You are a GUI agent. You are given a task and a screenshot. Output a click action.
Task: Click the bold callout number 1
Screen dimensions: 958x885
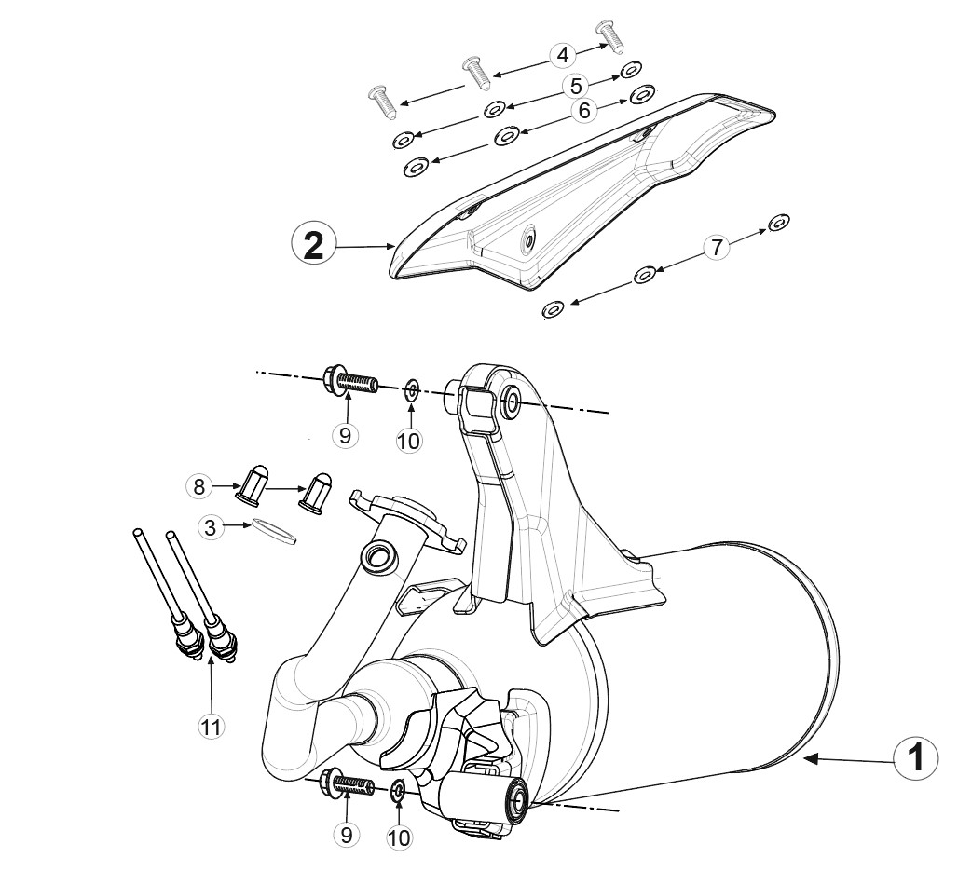point(915,759)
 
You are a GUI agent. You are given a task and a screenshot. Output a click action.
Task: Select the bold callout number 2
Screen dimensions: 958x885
point(313,247)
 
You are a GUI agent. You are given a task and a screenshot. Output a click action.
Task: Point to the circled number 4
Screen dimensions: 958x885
point(563,56)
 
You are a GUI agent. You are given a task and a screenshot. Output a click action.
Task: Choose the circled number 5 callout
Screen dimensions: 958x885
point(576,86)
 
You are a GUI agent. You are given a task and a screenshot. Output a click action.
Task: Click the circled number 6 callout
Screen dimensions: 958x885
point(584,111)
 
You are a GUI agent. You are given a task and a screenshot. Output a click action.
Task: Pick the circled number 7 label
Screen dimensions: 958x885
point(717,248)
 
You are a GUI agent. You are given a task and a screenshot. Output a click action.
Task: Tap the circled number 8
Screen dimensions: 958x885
point(198,487)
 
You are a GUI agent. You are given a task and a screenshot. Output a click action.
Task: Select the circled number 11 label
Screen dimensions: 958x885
point(212,727)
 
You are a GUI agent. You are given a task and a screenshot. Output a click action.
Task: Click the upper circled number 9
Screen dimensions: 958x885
point(345,435)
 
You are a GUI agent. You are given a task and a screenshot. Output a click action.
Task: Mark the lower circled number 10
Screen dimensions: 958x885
point(399,837)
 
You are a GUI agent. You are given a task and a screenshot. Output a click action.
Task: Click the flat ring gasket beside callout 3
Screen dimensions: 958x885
point(274,531)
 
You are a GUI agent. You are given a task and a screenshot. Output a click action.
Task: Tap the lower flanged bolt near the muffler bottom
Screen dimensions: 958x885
point(348,783)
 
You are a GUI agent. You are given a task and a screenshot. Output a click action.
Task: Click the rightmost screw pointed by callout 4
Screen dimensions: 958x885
point(609,35)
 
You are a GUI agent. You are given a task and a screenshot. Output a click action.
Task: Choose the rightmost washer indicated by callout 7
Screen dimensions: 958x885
point(778,223)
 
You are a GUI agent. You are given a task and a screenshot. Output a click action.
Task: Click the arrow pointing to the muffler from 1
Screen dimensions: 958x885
point(849,759)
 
